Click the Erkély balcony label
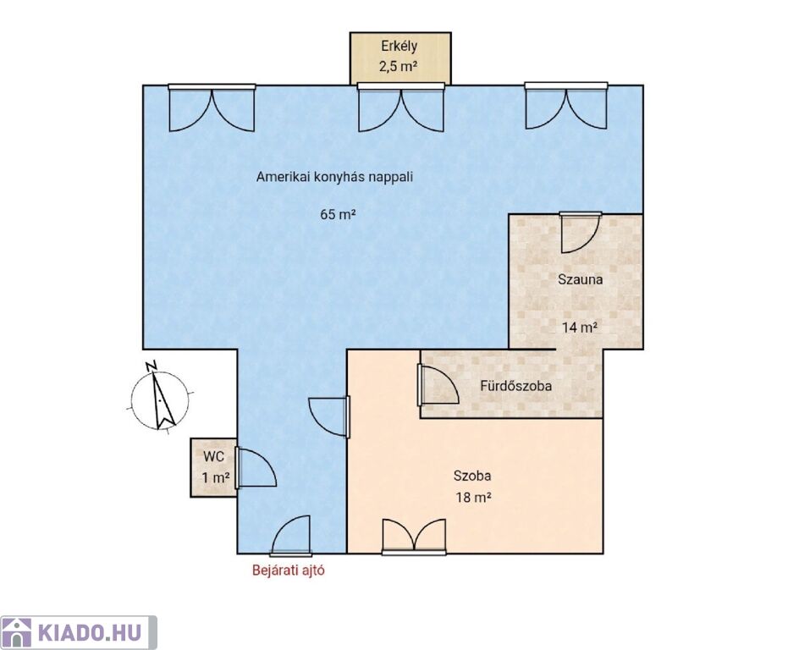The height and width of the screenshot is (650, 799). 399,47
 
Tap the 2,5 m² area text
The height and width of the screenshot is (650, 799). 399,66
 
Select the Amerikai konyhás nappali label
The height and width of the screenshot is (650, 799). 334,177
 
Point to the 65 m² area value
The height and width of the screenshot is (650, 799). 338,214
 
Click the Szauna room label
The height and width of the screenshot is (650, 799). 580,279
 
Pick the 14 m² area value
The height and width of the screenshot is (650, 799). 580,327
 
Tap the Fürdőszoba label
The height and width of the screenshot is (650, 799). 515,386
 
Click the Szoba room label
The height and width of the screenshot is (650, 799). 472,476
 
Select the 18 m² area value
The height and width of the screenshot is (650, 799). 473,497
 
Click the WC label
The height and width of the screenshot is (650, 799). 213,456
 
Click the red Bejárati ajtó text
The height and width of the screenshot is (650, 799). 289,570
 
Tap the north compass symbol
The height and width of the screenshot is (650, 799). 159,398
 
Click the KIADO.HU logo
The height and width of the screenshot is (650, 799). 79,633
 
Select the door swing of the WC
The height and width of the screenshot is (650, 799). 256,468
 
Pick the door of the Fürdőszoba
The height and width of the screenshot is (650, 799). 438,385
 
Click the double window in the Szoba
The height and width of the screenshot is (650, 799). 414,537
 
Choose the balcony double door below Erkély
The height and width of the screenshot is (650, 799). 400,108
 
